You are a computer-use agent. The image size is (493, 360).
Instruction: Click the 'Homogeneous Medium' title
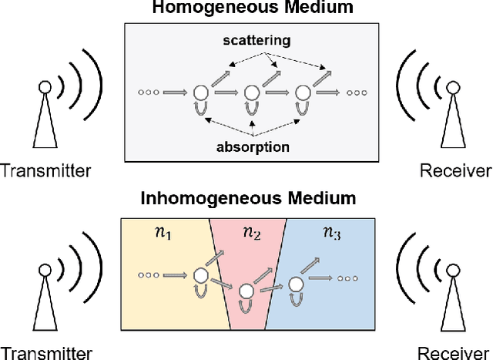(x=247, y=9)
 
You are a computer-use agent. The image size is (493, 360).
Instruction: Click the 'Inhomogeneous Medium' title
(x=247, y=198)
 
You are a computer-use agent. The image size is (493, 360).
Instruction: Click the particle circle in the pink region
(x=246, y=291)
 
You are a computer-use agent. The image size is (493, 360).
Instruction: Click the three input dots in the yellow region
(x=148, y=274)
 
